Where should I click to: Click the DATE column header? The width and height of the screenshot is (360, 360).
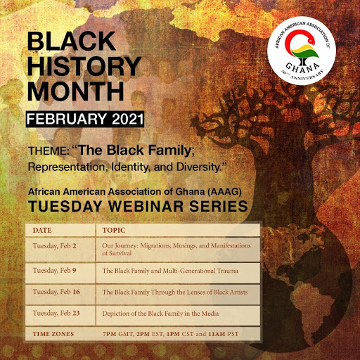pyautogui.click(x=42, y=229)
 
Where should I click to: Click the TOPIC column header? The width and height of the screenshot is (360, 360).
pyautogui.click(x=115, y=229)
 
